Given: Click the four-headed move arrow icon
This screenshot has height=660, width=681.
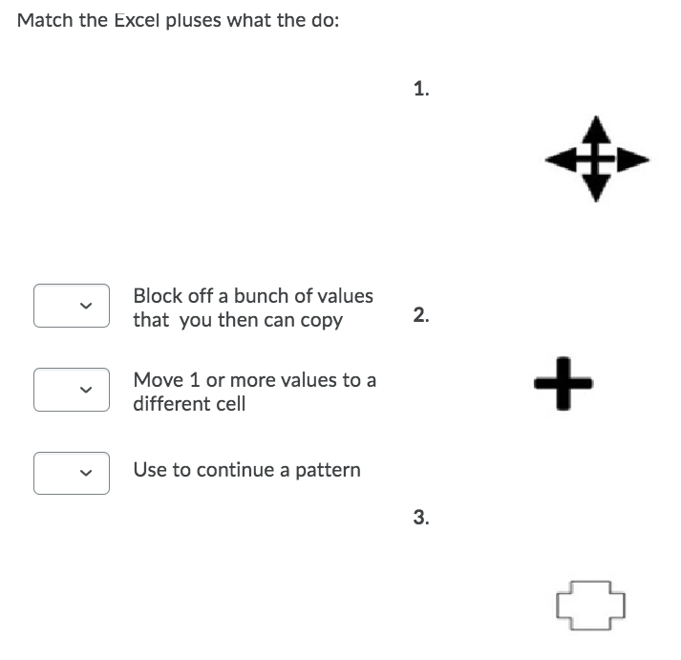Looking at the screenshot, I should click(x=596, y=160).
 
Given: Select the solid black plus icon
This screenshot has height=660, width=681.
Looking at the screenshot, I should click(x=564, y=383).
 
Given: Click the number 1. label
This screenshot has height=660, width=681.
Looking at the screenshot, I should click(x=421, y=90).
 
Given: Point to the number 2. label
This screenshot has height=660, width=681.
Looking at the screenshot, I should click(x=421, y=315).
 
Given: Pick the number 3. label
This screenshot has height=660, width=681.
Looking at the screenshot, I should click(x=421, y=518).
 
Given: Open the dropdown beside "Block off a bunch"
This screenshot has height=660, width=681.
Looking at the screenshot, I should click(x=72, y=306).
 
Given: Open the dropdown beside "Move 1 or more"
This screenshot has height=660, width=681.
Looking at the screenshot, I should click(x=72, y=390).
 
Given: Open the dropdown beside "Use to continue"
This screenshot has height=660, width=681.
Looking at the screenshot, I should click(x=72, y=473).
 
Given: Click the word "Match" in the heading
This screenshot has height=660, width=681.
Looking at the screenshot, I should click(x=46, y=20).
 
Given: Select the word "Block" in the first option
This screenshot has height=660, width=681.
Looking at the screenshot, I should click(x=157, y=296).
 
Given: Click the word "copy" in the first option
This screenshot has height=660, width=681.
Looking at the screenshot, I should click(x=322, y=321).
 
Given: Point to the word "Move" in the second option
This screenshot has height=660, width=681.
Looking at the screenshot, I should click(x=156, y=380).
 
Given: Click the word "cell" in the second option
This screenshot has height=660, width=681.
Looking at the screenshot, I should click(x=230, y=404).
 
